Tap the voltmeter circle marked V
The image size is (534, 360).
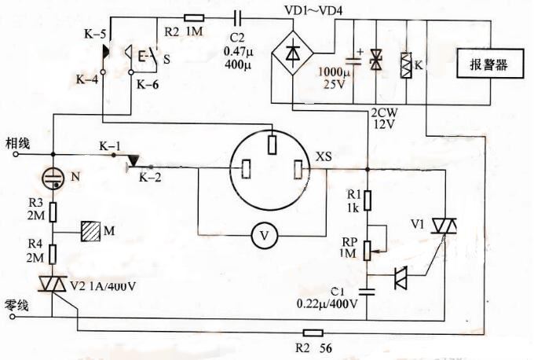click(265, 238)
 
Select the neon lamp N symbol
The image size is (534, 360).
click(53, 176)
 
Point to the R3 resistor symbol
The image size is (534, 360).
click(53, 211)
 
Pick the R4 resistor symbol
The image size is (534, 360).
click(53, 252)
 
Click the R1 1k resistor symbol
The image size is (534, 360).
click(367, 197)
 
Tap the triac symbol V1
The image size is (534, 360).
click(451, 227)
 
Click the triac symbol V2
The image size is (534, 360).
click(53, 284)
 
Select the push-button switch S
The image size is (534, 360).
click(149, 57)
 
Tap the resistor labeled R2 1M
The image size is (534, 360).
click(194, 17)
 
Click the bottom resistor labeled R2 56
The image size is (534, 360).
click(312, 333)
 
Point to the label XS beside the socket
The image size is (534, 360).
click(324, 157)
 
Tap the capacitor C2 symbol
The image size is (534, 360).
click(238, 17)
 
